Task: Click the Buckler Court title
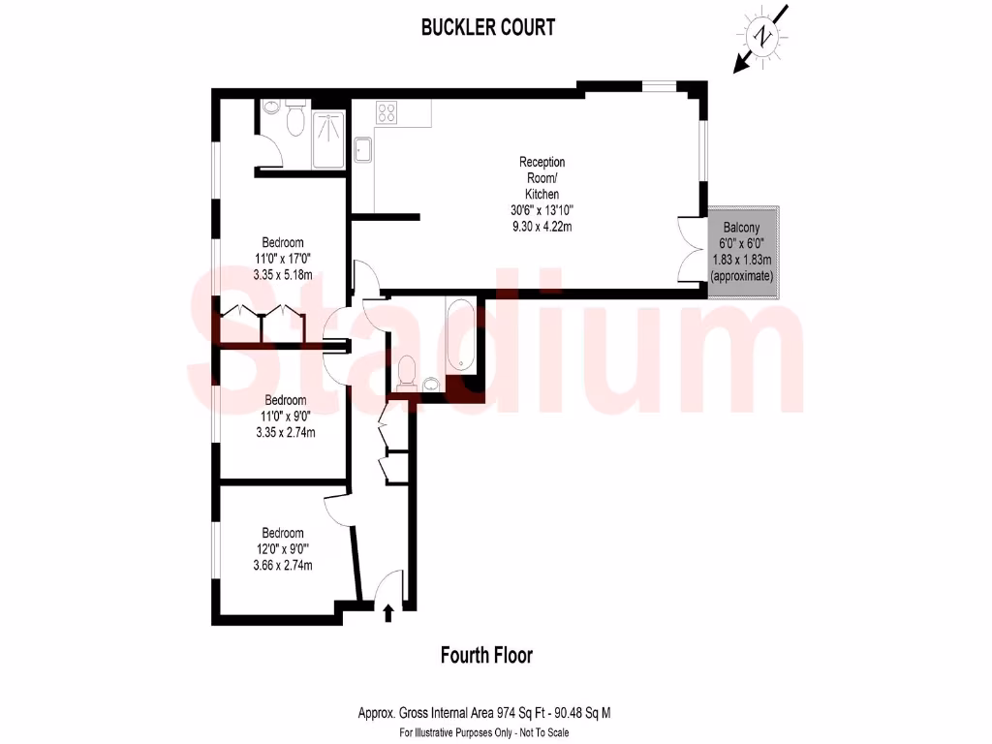click(x=488, y=27)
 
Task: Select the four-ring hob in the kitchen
click(x=387, y=112)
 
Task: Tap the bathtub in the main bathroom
click(x=460, y=337)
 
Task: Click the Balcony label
click(x=743, y=230)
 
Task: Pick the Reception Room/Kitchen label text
click(x=542, y=178)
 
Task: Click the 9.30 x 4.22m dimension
click(x=542, y=228)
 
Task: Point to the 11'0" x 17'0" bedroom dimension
click(x=284, y=259)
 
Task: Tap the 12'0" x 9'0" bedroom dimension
click(x=284, y=549)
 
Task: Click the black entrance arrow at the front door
click(x=389, y=612)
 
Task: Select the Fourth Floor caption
click(x=486, y=656)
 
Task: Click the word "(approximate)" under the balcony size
click(x=743, y=276)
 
